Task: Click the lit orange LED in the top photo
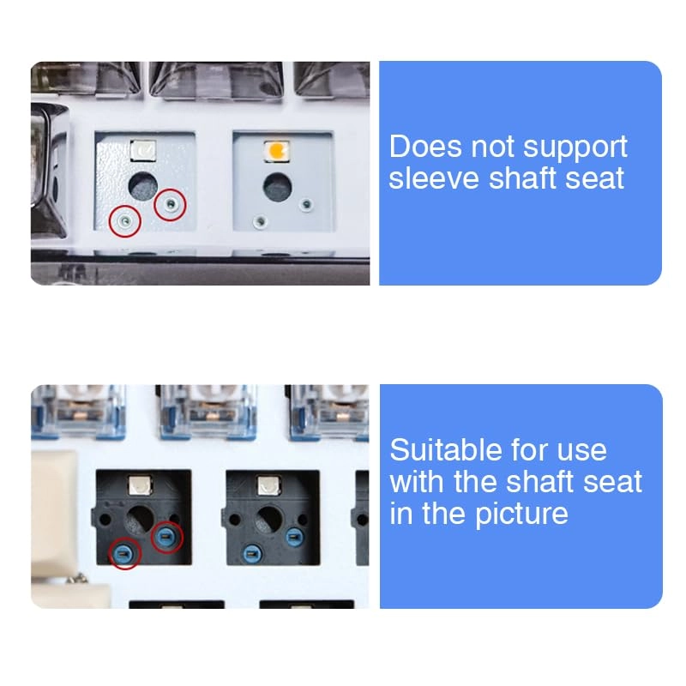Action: pos(277,151)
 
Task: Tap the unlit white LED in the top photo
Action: pos(143,151)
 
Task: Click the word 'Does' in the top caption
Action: pos(425,146)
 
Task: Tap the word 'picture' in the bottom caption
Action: pos(521,514)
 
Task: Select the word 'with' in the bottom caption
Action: pos(417,482)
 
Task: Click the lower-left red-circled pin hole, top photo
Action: pos(125,221)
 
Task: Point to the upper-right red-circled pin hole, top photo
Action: pos(170,204)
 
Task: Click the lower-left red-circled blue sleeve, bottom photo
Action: pos(124,554)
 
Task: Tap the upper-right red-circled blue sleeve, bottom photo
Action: pos(165,536)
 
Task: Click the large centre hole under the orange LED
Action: pos(277,187)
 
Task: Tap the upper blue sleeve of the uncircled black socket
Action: pos(294,538)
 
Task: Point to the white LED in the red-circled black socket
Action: pos(141,485)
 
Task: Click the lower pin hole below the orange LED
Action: pos(261,222)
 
